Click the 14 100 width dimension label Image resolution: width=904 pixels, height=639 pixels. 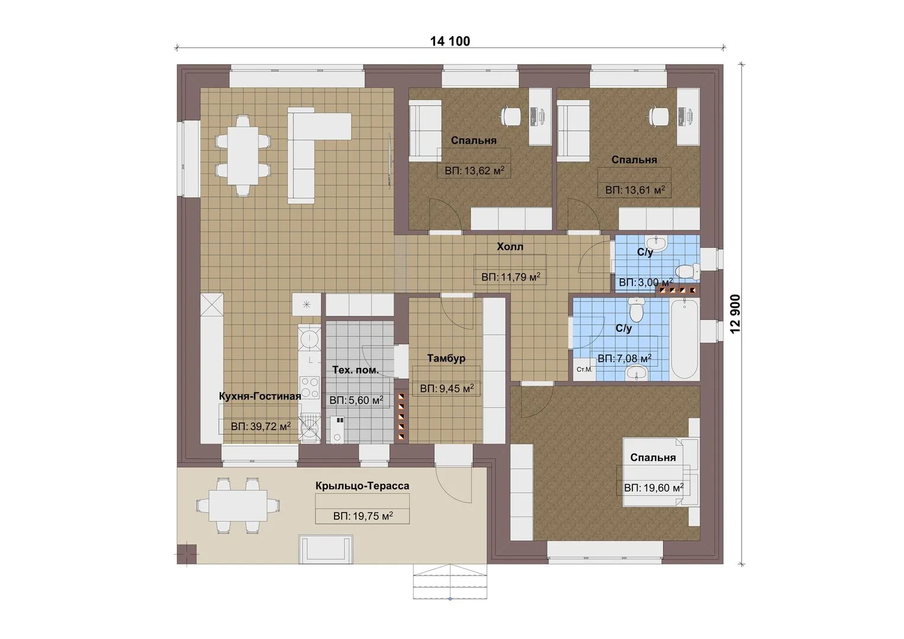(450, 41)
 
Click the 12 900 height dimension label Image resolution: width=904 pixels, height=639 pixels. (736, 314)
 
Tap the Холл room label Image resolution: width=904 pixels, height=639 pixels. (510, 247)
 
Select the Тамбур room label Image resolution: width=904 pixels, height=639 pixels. (446, 358)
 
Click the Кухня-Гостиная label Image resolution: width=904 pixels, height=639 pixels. (260, 396)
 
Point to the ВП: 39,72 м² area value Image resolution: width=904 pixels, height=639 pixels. (260, 427)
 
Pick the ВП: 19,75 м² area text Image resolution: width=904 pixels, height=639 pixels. (363, 516)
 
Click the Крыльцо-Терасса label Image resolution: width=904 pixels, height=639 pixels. (362, 486)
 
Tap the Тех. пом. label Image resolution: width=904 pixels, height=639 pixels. (355, 370)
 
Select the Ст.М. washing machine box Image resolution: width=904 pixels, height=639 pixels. (584, 370)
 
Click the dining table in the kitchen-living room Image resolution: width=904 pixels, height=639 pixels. (243, 156)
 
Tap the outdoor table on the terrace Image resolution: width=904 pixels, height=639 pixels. (238, 505)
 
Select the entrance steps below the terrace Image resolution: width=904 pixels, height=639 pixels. (450, 581)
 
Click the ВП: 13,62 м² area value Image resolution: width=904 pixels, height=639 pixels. (474, 170)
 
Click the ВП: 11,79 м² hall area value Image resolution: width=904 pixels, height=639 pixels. (510, 277)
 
